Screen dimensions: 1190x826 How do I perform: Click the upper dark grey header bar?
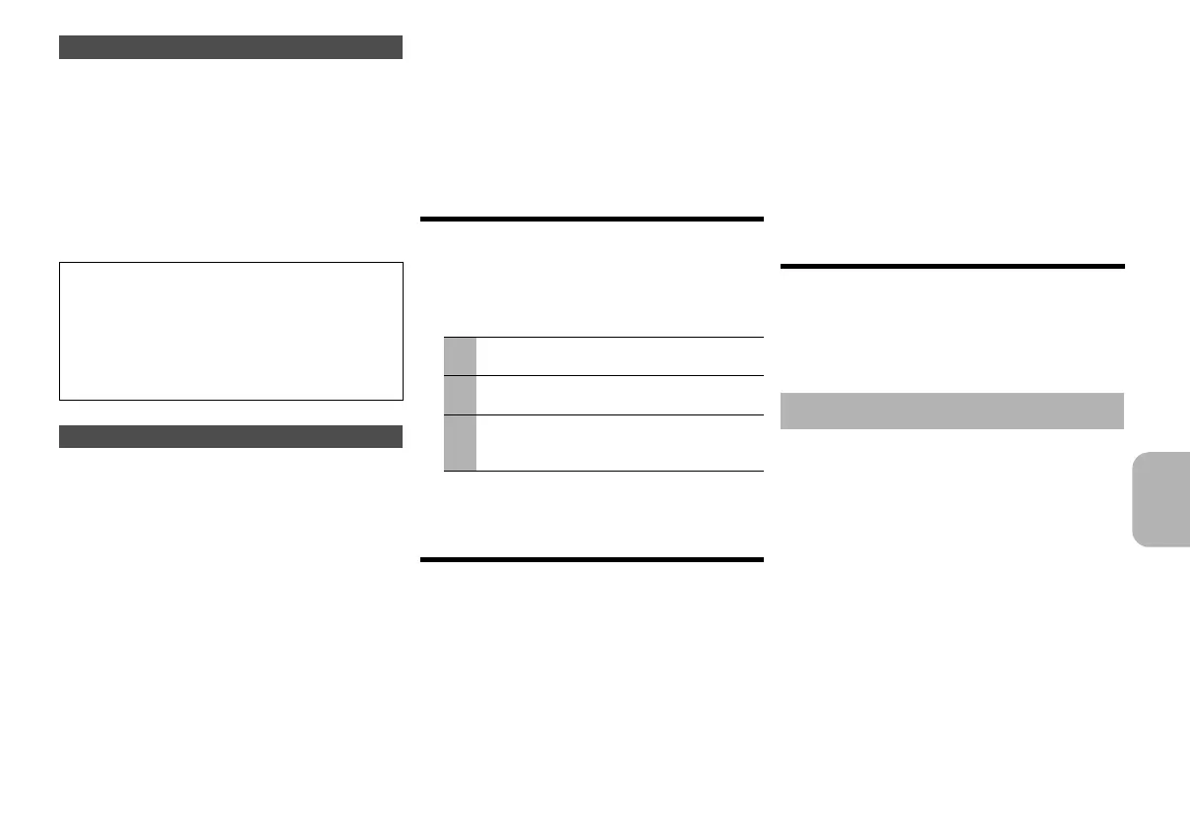230,47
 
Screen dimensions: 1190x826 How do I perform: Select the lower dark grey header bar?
230,436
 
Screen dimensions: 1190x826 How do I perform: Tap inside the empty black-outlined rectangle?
230,331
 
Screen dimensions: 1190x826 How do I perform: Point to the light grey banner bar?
951,411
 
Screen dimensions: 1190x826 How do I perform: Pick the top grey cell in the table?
460,355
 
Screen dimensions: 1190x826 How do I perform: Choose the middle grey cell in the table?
460,395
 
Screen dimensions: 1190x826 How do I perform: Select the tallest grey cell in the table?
460,443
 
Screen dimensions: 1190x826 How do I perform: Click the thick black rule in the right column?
951,266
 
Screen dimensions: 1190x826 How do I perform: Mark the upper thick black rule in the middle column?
592,219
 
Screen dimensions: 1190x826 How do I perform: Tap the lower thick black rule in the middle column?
592,560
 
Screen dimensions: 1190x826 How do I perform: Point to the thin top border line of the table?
603,338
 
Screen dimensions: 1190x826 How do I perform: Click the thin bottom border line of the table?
603,472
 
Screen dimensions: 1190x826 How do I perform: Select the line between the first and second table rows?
603,375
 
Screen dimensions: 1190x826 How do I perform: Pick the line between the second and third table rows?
603,414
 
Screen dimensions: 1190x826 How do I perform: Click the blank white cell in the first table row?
619,356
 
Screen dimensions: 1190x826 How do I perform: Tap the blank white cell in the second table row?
619,395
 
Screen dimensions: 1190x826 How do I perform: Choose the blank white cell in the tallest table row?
619,443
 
